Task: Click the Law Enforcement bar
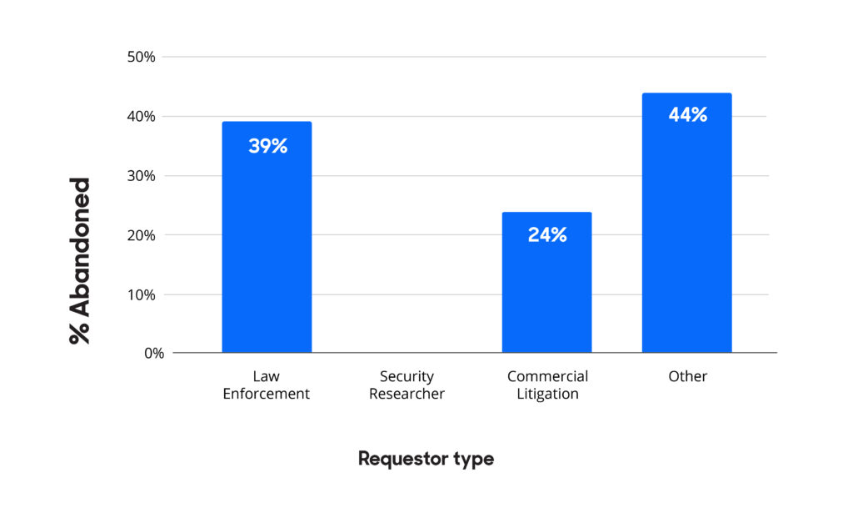click(x=267, y=237)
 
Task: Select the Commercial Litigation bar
click(x=546, y=282)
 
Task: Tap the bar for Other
click(x=687, y=223)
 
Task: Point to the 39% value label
click(x=267, y=146)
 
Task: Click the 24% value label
click(x=547, y=234)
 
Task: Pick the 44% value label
click(x=687, y=115)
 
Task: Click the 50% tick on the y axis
click(x=142, y=57)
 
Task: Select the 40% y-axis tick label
click(x=142, y=116)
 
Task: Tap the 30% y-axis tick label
click(x=142, y=175)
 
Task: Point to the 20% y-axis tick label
click(x=142, y=235)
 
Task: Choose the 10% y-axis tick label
click(x=142, y=294)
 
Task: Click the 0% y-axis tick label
click(x=154, y=354)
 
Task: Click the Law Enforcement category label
click(x=266, y=385)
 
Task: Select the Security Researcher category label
click(x=407, y=385)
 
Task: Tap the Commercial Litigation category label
click(x=547, y=385)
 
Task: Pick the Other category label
click(x=687, y=376)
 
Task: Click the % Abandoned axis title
click(x=79, y=261)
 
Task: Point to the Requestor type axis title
click(x=426, y=459)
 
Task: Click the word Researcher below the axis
click(x=407, y=393)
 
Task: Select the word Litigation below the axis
click(x=547, y=394)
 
